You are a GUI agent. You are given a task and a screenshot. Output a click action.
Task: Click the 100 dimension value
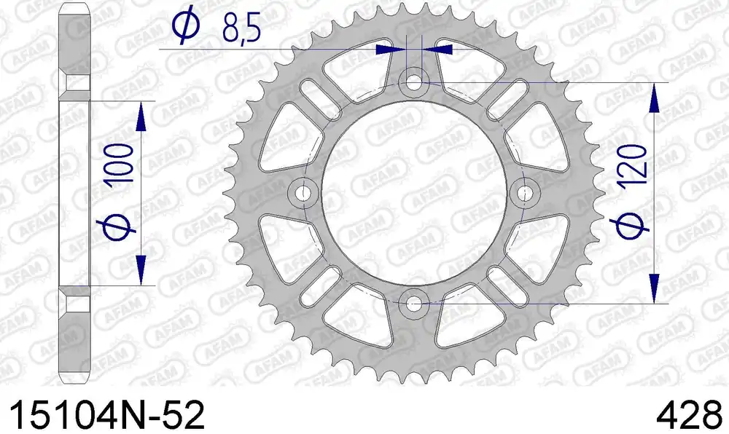tap(120, 162)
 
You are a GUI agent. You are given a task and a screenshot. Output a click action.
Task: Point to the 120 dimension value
tap(631, 164)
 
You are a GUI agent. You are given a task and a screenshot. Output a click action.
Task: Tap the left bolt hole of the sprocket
tap(304, 193)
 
